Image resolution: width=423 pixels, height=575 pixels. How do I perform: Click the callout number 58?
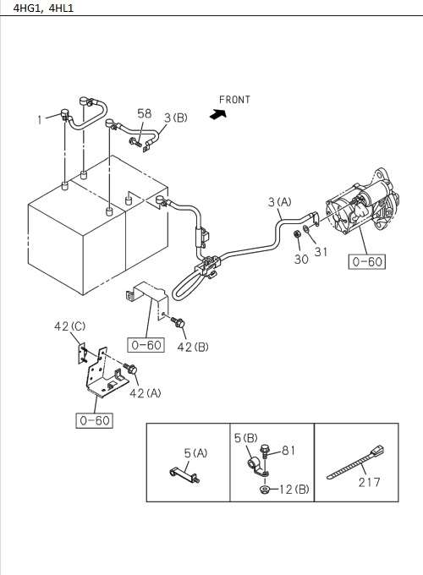click(145, 114)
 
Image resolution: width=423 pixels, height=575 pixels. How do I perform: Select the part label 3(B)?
click(175, 118)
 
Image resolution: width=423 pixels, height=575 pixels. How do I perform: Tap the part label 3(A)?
click(280, 201)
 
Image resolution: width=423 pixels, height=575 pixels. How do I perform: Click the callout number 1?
click(39, 120)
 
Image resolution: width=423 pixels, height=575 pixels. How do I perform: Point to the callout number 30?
click(301, 260)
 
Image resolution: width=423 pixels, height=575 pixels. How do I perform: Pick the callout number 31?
click(321, 251)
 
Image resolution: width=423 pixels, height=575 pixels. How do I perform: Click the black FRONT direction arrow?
click(220, 115)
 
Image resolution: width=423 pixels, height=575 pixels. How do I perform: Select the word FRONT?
click(234, 100)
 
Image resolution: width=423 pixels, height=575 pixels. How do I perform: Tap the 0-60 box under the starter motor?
click(366, 262)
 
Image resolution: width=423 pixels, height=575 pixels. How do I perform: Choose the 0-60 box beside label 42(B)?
click(145, 344)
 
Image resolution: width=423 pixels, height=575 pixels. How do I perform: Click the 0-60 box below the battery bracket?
click(93, 420)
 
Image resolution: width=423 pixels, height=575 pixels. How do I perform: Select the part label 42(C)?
click(70, 326)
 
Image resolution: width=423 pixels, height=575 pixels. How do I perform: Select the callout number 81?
click(288, 451)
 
